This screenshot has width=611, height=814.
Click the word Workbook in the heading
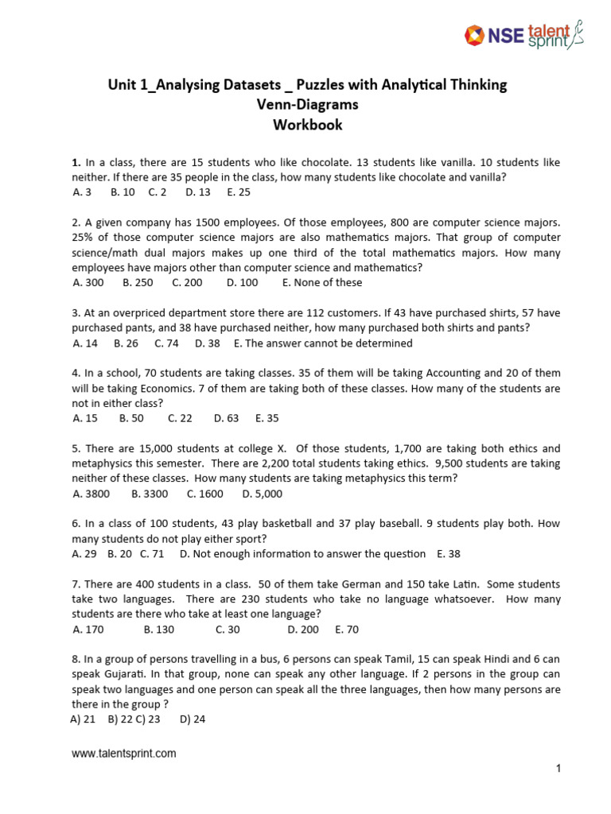click(x=308, y=125)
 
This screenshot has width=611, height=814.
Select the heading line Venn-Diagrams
click(x=308, y=105)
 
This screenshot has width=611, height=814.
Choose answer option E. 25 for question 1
click(x=239, y=192)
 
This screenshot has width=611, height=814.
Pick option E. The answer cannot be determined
click(x=323, y=343)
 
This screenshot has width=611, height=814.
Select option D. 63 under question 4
click(x=226, y=418)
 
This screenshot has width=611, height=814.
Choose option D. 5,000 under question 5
click(x=263, y=494)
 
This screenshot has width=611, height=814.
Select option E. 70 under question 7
click(x=347, y=630)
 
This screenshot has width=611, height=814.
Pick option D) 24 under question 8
click(x=193, y=719)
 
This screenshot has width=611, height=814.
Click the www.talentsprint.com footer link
click(x=124, y=754)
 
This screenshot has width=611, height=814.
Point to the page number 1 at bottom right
click(x=559, y=768)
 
